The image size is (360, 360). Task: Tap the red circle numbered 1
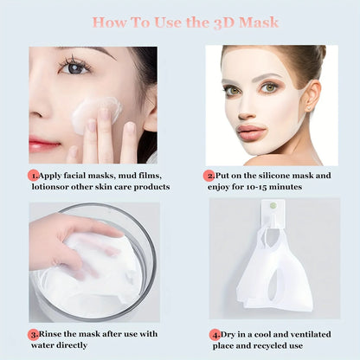pyautogui.click(x=34, y=174)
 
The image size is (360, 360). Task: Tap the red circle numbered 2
pyautogui.click(x=211, y=174)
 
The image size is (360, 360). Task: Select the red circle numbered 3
pyautogui.click(x=34, y=332)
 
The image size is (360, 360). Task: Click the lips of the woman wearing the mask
pyautogui.click(x=252, y=131)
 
